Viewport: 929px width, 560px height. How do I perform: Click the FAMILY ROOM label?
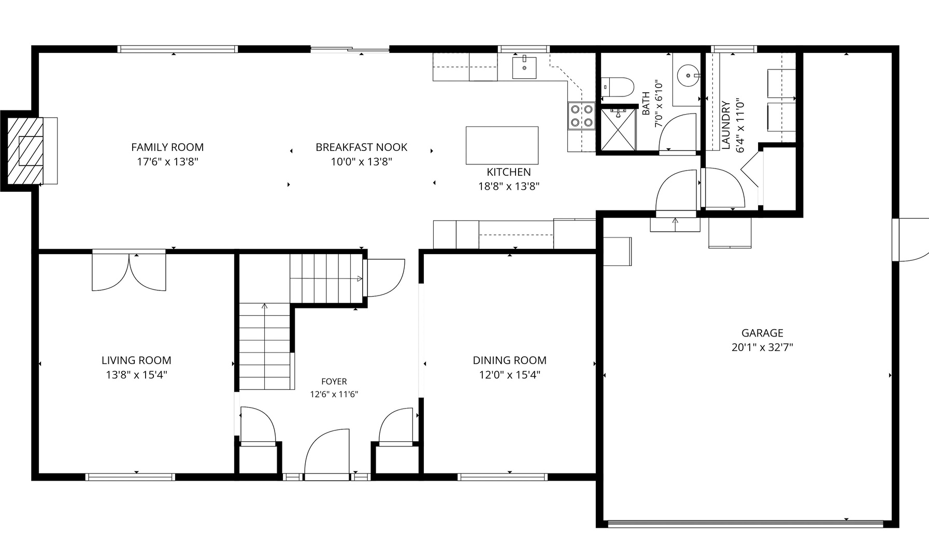[167, 147]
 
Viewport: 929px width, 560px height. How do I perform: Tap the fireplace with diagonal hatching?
[25, 150]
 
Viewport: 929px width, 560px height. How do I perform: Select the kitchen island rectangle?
[502, 145]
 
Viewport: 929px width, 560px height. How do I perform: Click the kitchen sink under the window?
[524, 68]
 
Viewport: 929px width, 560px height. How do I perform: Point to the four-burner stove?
[581, 116]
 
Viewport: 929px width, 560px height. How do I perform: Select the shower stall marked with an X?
[618, 129]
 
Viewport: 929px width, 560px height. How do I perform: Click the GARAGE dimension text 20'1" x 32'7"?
[762, 347]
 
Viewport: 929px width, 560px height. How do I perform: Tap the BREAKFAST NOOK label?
[362, 147]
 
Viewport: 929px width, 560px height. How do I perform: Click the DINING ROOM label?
[509, 360]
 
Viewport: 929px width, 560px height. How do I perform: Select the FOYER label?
[334, 382]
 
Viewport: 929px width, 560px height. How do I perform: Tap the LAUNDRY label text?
[726, 125]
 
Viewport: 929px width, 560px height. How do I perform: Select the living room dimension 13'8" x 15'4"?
[136, 375]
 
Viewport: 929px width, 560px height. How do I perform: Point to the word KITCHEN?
[509, 172]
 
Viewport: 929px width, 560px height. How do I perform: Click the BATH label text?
[646, 104]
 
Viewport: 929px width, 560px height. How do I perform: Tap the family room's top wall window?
[178, 49]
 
